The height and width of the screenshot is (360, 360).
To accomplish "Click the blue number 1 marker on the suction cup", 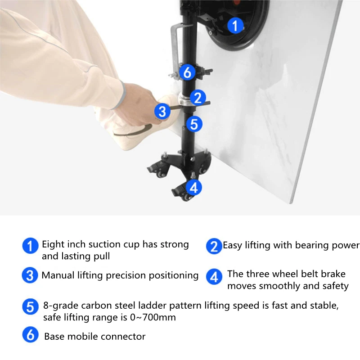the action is pos(235,25).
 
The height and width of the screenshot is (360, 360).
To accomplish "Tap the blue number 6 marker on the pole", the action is pos(187,72).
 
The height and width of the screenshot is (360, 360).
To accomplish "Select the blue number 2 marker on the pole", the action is pos(198,98).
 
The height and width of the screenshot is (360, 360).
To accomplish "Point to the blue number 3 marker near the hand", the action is pos(162,111).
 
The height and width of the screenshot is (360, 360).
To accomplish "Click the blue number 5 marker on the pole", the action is pos(194,124).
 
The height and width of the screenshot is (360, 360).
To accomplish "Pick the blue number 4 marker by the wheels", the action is pos(194,187).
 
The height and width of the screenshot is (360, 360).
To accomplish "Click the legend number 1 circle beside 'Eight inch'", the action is pos(30,246).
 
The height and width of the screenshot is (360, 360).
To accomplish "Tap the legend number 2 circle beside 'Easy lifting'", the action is pos(214,246).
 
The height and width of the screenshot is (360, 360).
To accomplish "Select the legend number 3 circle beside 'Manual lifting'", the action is pos(30,275).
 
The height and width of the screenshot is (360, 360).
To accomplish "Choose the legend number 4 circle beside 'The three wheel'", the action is pos(214,277).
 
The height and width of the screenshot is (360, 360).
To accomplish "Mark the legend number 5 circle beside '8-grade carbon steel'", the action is pos(30,306).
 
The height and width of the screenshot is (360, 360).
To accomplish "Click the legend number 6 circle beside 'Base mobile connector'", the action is pos(30,334).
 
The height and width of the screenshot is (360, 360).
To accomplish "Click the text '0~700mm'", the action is pos(153,317).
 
